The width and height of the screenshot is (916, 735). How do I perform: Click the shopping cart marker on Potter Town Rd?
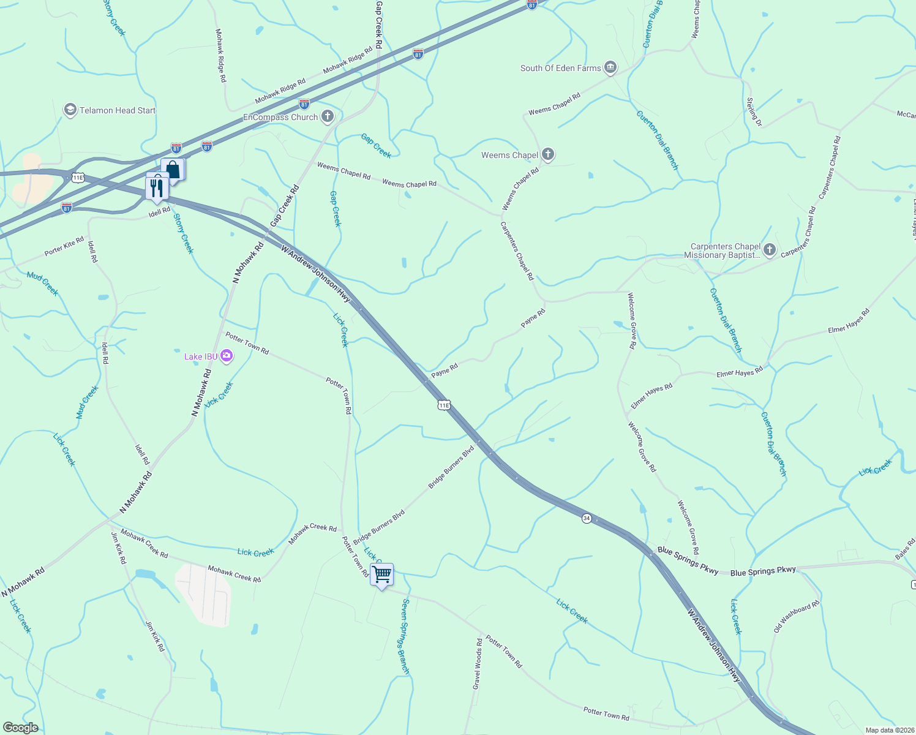point(381,575)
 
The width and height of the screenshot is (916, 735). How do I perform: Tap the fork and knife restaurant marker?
point(157,186)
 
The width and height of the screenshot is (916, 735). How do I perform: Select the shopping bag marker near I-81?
point(173,170)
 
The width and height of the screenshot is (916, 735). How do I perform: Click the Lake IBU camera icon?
point(227,356)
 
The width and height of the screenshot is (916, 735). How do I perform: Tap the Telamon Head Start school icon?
point(70,110)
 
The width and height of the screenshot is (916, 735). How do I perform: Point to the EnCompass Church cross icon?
point(328,116)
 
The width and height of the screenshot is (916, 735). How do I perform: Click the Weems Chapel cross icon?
point(548,154)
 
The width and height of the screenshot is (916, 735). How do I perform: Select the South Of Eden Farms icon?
point(610,67)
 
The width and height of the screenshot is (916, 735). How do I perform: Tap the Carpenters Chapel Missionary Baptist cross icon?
point(770,250)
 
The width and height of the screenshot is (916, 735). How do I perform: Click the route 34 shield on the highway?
point(587,518)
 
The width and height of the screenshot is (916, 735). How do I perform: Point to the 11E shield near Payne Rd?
point(444,405)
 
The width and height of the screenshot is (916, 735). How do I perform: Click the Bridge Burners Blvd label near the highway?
point(451,467)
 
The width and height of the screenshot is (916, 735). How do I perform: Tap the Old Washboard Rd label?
point(796,617)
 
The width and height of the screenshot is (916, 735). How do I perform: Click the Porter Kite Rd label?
point(64,247)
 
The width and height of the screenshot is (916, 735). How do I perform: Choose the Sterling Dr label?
point(754,112)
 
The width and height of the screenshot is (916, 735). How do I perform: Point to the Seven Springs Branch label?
point(405,636)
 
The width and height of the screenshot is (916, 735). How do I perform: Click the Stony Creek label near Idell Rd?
point(183,233)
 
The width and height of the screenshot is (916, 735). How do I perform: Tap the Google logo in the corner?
point(20,728)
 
